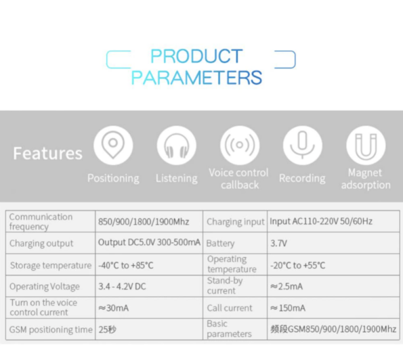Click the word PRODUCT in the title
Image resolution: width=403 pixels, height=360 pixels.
pos(196,56)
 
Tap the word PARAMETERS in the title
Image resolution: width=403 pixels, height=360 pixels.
pos(196,78)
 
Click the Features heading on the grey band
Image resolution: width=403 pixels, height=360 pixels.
pos(48,154)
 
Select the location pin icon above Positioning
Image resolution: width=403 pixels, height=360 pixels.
pos(113,145)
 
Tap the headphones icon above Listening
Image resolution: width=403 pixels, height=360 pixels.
pos(177,145)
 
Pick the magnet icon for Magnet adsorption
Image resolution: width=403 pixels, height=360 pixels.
pos(366,145)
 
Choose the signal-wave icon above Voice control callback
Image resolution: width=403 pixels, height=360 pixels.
pos(240,145)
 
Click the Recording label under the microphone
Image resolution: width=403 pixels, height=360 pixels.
pos(302,179)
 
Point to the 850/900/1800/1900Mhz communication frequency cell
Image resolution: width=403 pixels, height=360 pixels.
pos(144,221)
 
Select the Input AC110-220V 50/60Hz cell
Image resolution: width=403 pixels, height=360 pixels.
pos(321,221)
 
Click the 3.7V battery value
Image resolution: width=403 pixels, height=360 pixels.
pos(278,243)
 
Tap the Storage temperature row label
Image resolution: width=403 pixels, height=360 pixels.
pos(51,265)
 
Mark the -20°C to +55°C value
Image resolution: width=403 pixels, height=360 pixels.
pos(297,265)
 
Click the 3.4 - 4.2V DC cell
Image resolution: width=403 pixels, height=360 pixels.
pos(122,286)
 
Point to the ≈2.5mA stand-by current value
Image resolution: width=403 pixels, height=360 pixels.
pos(287,286)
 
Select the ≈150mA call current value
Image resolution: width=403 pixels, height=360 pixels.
pos(288,308)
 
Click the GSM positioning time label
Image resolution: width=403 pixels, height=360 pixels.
pos(51,330)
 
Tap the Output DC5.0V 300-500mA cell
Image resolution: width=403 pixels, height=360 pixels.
pos(149,242)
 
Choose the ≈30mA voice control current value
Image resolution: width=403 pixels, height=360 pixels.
pos(113,308)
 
